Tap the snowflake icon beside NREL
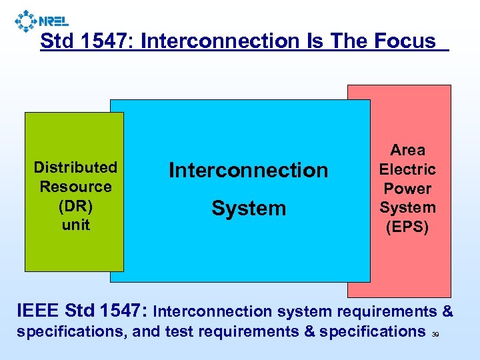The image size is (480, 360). (x=26, y=21)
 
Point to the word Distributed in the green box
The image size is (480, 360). (x=75, y=167)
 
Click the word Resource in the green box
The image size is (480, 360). (x=75, y=187)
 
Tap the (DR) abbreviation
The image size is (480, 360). (x=75, y=206)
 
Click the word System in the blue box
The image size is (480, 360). (x=249, y=209)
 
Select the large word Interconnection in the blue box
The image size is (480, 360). (x=249, y=171)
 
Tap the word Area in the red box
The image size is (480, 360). (x=408, y=151)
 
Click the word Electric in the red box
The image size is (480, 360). (x=408, y=170)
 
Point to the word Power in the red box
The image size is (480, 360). (x=408, y=189)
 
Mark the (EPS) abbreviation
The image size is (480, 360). (x=408, y=227)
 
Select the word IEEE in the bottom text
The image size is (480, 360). (x=38, y=311)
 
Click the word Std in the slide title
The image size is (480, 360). (x=55, y=41)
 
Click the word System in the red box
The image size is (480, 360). (x=408, y=208)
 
